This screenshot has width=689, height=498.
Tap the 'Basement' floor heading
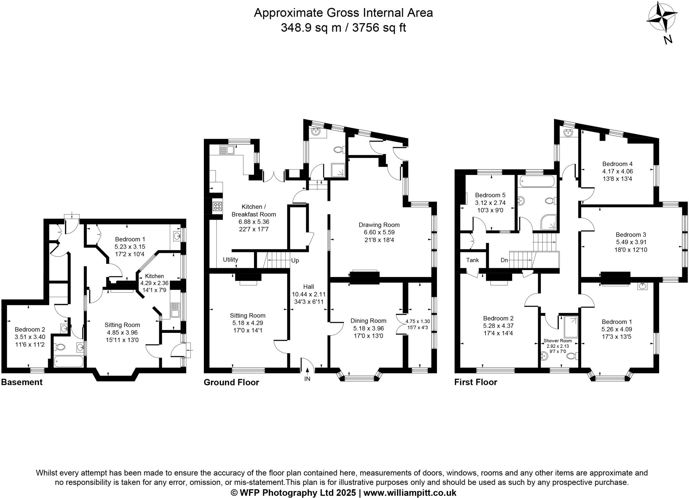(x=22, y=382)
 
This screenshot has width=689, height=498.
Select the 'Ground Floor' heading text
(x=231, y=382)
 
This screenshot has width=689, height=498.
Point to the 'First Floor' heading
(x=476, y=382)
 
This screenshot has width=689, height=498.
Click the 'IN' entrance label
(x=307, y=379)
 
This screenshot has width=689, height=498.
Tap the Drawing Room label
(x=379, y=225)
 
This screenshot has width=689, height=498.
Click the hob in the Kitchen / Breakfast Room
(x=217, y=206)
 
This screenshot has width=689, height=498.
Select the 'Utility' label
(x=230, y=259)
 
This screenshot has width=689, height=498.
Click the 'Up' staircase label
(x=295, y=260)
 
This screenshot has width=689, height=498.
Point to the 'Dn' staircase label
(x=504, y=260)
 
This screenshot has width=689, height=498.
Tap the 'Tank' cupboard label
(x=472, y=260)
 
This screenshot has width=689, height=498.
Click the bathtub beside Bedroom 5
(x=537, y=182)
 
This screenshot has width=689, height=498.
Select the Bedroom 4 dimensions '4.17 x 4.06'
(x=617, y=171)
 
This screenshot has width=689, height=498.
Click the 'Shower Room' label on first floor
(x=557, y=341)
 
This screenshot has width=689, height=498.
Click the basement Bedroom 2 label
(x=30, y=329)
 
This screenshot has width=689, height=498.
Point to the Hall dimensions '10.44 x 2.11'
(x=309, y=294)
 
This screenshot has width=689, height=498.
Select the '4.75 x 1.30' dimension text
(x=418, y=321)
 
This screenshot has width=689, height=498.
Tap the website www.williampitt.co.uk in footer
(x=410, y=493)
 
